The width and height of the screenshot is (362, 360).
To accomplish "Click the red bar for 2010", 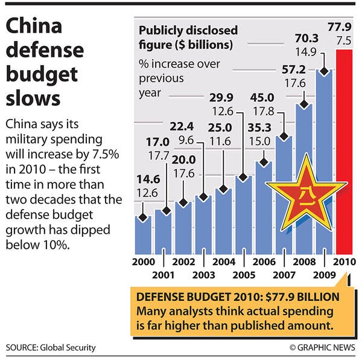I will [345, 151].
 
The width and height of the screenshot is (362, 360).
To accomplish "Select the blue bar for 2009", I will [325, 163].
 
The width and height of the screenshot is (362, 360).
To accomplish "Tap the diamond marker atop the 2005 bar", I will [244, 178].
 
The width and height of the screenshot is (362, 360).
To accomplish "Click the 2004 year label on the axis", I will [224, 263].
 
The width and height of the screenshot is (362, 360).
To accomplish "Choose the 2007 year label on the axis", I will [284, 275].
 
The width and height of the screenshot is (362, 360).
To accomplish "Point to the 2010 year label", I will [345, 263].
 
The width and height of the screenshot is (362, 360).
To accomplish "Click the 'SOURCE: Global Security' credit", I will [51, 348].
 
